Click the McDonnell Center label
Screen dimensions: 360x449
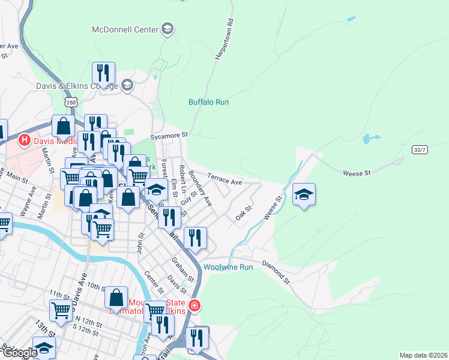click(125, 29)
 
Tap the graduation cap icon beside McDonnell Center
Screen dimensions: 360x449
click(167, 29)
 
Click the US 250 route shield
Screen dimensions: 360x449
click(71, 103)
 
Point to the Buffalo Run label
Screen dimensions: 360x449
click(208, 103)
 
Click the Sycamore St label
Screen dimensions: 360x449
click(170, 135)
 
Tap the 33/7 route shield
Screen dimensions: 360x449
click(420, 149)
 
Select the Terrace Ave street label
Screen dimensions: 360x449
click(224, 178)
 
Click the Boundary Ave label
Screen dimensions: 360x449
click(200, 188)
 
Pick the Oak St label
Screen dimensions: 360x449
click(243, 213)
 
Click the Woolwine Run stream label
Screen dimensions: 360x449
click(228, 267)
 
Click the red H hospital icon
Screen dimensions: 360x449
click(25, 140)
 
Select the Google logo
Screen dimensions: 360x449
click(19, 353)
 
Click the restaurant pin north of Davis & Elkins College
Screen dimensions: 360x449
click(104, 73)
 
